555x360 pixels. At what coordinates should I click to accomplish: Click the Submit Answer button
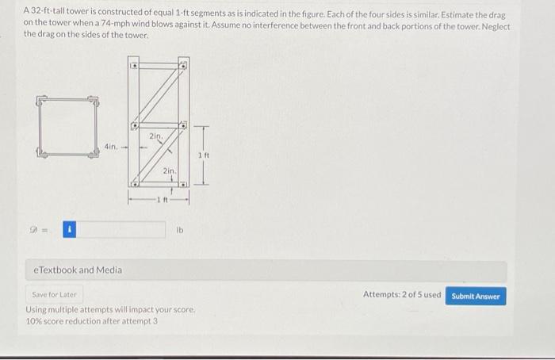click(x=476, y=296)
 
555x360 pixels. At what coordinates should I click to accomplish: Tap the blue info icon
click(x=69, y=230)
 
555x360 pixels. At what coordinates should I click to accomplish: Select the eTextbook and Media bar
click(x=266, y=270)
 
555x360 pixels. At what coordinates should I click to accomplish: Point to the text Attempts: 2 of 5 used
click(x=401, y=295)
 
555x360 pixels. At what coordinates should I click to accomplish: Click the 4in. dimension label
click(x=110, y=147)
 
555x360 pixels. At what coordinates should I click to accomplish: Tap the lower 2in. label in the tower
click(x=169, y=171)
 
